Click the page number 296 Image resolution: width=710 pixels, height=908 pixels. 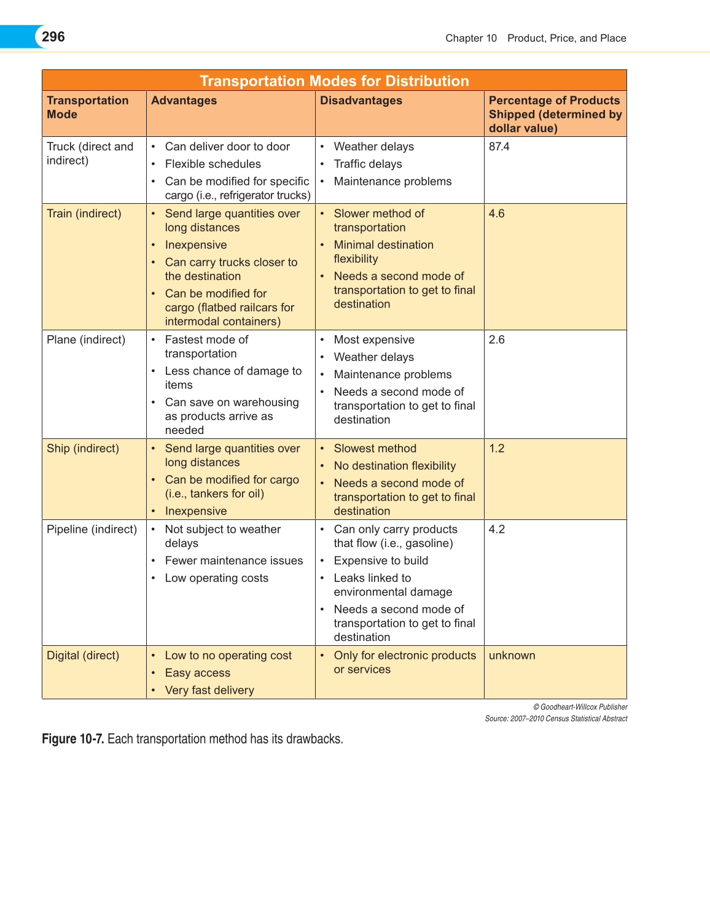pyautogui.click(x=53, y=37)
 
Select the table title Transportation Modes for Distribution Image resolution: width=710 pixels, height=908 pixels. pyautogui.click(x=334, y=81)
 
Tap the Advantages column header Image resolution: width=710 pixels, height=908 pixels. pyautogui.click(x=184, y=101)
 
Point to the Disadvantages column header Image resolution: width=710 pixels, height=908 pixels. pyautogui.click(x=361, y=101)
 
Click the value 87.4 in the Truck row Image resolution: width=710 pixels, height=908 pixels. pyautogui.click(x=499, y=147)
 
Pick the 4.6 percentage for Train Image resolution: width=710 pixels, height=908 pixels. pyautogui.click(x=497, y=214)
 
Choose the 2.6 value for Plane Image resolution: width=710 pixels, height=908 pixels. pyautogui.click(x=497, y=340)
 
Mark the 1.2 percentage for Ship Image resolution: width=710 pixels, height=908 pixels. pyautogui.click(x=497, y=448)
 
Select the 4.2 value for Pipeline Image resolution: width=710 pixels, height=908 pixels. pyautogui.click(x=497, y=529)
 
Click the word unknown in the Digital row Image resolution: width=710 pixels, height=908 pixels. pyautogui.click(x=512, y=655)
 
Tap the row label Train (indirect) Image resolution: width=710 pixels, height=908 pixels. pyautogui.click(x=84, y=214)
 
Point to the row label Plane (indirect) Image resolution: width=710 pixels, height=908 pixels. pyautogui.click(x=86, y=340)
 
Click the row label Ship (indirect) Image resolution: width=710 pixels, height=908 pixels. pyautogui.click(x=83, y=448)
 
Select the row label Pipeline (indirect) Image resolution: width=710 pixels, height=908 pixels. pyautogui.click(x=92, y=529)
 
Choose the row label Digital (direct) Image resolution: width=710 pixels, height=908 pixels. pyautogui.click(x=83, y=655)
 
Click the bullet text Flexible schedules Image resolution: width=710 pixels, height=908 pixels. pyautogui.click(x=213, y=164)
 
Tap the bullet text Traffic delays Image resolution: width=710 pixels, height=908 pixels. pyautogui.click(x=368, y=164)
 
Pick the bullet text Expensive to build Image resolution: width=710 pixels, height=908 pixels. pyautogui.click(x=381, y=561)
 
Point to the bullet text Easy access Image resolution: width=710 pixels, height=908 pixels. pyautogui.click(x=198, y=673)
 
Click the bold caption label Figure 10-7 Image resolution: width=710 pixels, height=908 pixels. pyautogui.click(x=73, y=739)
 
